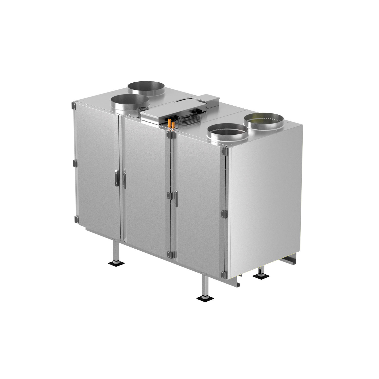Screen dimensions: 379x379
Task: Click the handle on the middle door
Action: (124, 180)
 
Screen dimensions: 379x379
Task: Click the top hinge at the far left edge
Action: (74, 106)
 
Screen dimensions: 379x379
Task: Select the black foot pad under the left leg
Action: (116, 264)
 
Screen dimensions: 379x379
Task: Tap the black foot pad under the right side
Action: (261, 276)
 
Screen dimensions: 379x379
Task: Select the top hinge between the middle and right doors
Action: (170, 135)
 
